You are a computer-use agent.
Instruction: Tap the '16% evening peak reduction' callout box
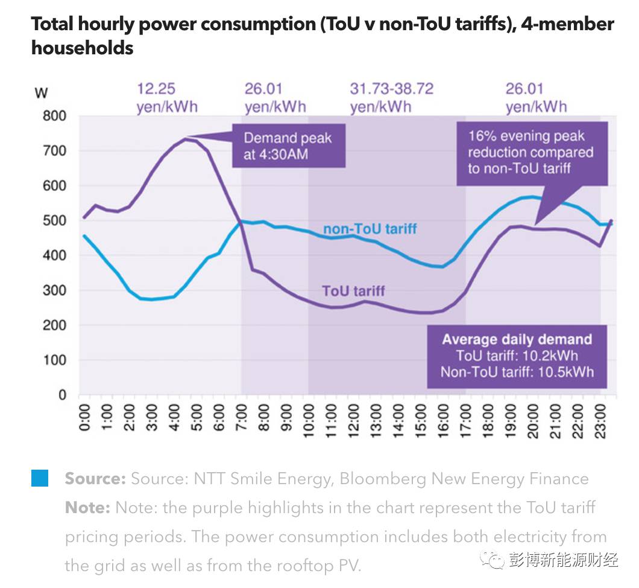coord(531,153)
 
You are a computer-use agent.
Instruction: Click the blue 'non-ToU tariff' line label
coord(370,229)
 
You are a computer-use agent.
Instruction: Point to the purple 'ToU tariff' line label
coord(353,291)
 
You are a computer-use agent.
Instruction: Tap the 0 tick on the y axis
coord(62,395)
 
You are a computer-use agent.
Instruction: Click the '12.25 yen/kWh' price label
coord(166,98)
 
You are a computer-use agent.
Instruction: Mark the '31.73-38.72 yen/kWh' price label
coord(391,98)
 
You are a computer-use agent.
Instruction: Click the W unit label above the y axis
coord(42,93)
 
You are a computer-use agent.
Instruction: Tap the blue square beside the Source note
coord(39,479)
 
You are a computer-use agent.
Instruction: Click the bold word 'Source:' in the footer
coord(95,479)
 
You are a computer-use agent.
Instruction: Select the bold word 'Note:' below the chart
coord(87,508)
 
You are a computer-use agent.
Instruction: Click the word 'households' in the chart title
coord(83,48)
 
